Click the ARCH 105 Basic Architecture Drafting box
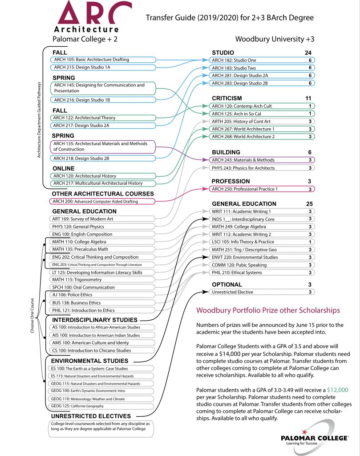pos(103,60)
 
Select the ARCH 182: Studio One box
pos(262,60)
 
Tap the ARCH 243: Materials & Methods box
pos(262,160)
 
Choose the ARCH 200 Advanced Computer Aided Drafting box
pos(102,201)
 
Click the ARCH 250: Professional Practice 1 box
pos(262,189)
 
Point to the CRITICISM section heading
pos(227,98)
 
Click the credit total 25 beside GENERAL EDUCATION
pos(309,204)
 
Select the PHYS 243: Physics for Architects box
pos(262,168)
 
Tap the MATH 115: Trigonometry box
pos(102,280)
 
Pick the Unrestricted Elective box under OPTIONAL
pos(262,292)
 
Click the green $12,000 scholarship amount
pos(338,390)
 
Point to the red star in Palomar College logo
pos(304,432)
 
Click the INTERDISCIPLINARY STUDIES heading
pos(95,320)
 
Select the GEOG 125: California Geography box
pos(101,406)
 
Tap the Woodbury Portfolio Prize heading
pos(268,310)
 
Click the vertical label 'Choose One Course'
pos(32,316)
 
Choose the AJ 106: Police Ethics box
pos(102,295)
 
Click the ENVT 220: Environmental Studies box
pos(262,257)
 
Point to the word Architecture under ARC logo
pos(86,29)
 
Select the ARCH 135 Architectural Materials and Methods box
pos(103,147)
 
